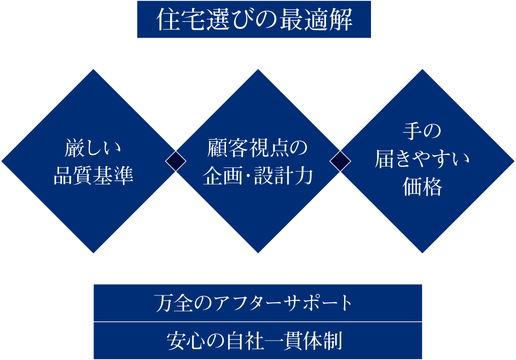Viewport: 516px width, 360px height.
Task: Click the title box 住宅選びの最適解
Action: coord(254,20)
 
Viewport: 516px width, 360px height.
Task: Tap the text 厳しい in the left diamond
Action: coord(93,149)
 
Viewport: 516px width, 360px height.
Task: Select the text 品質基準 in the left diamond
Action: coord(93,176)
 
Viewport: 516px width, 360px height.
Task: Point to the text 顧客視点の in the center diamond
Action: coord(258,149)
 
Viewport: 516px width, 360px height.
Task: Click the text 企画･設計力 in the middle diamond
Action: coord(258,176)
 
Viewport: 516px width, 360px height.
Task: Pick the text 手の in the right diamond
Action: coord(422,132)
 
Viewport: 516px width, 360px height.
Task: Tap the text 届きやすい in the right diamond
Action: coord(422,160)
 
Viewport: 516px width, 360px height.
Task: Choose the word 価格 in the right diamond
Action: coord(422,188)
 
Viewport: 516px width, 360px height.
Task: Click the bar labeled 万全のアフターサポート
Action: coord(258,303)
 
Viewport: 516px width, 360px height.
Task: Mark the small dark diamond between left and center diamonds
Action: coord(176,161)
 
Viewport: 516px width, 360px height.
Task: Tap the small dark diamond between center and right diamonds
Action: coord(340,161)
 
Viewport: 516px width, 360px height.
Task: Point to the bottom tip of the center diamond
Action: coord(258,252)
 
